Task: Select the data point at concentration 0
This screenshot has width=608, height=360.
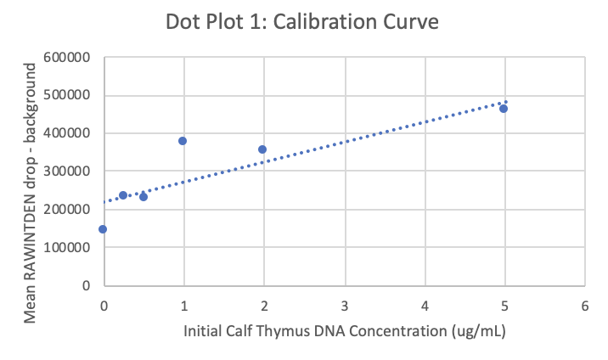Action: (x=103, y=229)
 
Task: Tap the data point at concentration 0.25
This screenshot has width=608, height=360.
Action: (x=123, y=195)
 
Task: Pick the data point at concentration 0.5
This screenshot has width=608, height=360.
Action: (x=144, y=197)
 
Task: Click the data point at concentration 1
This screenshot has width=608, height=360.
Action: (x=183, y=141)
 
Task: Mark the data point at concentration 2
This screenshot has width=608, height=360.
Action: (x=262, y=149)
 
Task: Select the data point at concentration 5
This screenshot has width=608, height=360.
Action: (x=504, y=109)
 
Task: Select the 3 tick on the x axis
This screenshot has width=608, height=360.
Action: (x=344, y=304)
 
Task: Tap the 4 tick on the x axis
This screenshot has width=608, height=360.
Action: (x=424, y=304)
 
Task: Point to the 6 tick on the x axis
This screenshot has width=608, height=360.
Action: (x=584, y=304)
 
